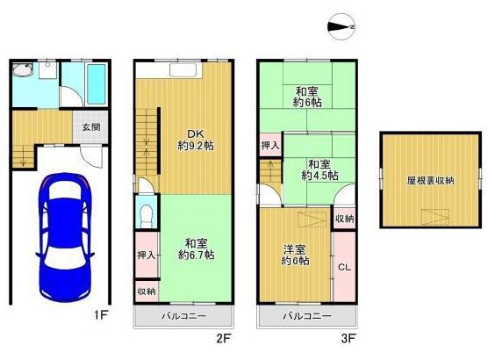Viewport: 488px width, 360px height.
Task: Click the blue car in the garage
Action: pyautogui.click(x=65, y=237)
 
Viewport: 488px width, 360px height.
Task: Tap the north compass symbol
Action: pyautogui.click(x=341, y=27)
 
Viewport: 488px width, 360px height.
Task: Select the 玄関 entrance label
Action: pyautogui.click(x=91, y=127)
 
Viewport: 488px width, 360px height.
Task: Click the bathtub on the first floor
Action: pyautogui.click(x=97, y=84)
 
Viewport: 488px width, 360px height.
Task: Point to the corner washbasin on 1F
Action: pyautogui.click(x=23, y=69)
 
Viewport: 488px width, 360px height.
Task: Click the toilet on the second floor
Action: pyautogui.click(x=146, y=215)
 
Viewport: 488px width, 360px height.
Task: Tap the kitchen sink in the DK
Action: pyautogui.click(x=183, y=70)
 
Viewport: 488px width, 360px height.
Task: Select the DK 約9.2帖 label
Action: pyautogui.click(x=196, y=140)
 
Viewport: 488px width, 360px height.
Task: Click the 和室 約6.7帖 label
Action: pyautogui.click(x=196, y=249)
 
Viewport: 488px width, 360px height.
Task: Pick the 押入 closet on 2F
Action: pyautogui.click(x=147, y=255)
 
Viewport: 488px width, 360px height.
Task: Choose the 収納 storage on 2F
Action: pyautogui.click(x=147, y=292)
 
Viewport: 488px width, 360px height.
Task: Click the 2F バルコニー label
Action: pyautogui.click(x=184, y=316)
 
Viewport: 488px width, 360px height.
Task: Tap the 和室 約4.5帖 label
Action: pyautogui.click(x=320, y=169)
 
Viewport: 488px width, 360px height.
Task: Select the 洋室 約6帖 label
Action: pyautogui.click(x=295, y=255)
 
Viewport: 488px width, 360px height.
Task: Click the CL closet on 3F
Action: pyautogui.click(x=345, y=267)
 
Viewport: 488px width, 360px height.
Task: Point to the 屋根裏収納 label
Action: pyautogui.click(x=430, y=181)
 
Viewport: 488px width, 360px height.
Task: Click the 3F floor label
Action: pyautogui.click(x=348, y=338)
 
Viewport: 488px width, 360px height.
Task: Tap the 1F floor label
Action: pyautogui.click(x=101, y=315)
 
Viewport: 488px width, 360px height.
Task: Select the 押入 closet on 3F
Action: pyautogui.click(x=270, y=145)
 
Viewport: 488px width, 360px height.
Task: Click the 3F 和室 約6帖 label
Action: pyautogui.click(x=307, y=97)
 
